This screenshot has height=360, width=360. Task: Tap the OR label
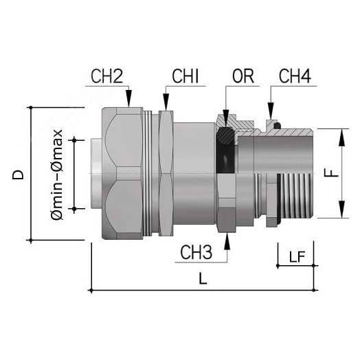pyautogui.click(x=244, y=77)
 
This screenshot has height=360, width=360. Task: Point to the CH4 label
pyautogui.click(x=293, y=77)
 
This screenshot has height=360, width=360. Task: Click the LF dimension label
pyautogui.click(x=297, y=257)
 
